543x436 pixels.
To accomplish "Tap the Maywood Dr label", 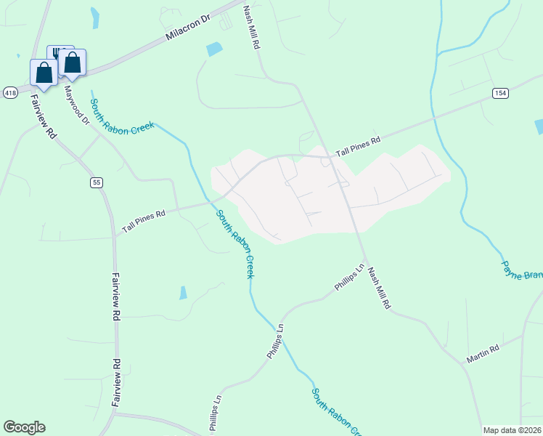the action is (x=75, y=105).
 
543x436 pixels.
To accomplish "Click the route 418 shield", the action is (x=10, y=93).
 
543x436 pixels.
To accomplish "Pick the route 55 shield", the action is (x=97, y=182).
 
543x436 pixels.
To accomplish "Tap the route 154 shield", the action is (x=500, y=93).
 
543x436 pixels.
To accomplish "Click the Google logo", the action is (x=24, y=427).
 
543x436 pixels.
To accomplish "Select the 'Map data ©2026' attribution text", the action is (x=513, y=430).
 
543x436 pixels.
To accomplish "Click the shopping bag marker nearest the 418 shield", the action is (x=44, y=73).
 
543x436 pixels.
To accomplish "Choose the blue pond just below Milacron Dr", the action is (x=214, y=49).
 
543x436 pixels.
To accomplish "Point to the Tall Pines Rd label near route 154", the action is (x=356, y=146).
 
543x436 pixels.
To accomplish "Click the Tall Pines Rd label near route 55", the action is (x=144, y=220).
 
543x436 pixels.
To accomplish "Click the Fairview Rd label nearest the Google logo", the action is (x=117, y=381).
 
